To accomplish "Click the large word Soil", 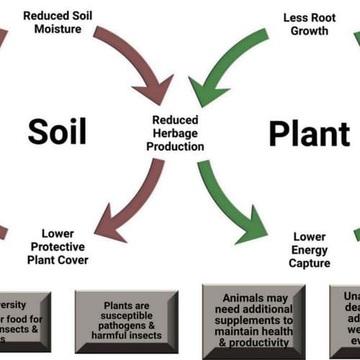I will tap(57, 132).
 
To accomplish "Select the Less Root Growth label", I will tap(305, 24).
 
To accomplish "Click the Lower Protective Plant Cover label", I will tap(58, 247).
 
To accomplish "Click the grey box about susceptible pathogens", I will tap(127, 320).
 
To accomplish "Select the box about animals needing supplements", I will tap(253, 320).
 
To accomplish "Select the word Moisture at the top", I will tap(52, 30).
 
